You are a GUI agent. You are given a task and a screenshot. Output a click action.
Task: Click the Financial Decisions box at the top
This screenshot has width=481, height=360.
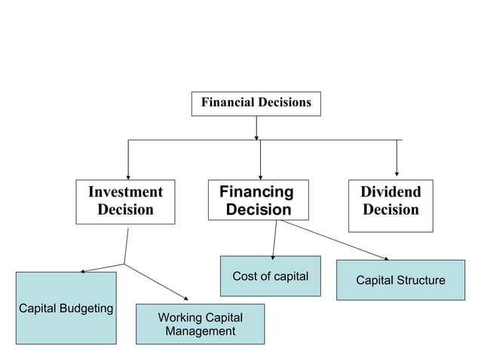click(x=256, y=103)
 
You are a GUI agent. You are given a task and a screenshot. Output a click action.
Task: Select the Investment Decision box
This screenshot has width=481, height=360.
click(x=125, y=201)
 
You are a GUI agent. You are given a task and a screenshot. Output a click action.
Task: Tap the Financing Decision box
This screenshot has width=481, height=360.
click(x=259, y=200)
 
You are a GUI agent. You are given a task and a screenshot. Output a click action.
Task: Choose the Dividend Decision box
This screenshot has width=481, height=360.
click(x=391, y=206)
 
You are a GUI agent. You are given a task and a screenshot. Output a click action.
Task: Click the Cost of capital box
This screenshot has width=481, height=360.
click(x=270, y=276)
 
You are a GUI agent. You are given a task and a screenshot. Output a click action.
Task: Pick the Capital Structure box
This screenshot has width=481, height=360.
click(x=400, y=280)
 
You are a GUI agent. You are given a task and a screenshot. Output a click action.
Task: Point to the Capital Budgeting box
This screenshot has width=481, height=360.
click(x=66, y=308)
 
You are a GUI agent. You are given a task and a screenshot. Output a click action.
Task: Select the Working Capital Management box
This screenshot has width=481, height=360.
click(x=200, y=324)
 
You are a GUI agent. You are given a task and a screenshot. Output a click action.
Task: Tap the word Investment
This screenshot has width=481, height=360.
click(x=125, y=192)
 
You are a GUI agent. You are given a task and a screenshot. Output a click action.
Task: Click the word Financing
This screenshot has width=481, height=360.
click(x=256, y=192)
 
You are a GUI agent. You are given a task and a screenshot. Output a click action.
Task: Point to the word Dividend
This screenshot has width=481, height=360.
click(x=391, y=192)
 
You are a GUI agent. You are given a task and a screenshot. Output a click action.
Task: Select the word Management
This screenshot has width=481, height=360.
click(x=201, y=331)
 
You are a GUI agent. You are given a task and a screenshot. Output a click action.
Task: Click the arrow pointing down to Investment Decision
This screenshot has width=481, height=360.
click(x=128, y=159)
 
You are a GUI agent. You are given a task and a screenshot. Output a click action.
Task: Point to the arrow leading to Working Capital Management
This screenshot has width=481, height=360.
click(x=158, y=282)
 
